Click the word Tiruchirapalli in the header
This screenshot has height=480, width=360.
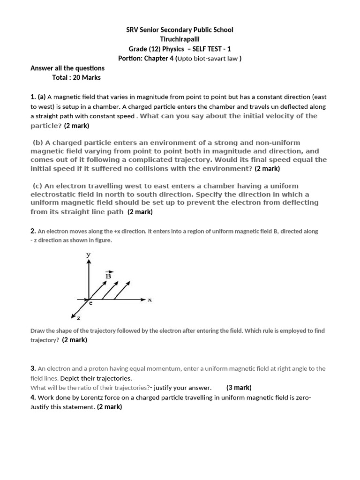180,39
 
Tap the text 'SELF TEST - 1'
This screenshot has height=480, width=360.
212,49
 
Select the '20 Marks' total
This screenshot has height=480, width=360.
87,77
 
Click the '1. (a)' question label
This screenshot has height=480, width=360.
38,97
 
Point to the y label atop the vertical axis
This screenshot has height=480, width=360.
88,254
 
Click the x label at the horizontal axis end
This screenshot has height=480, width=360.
150,300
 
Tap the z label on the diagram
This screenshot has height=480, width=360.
78,318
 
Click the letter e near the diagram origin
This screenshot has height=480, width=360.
90,303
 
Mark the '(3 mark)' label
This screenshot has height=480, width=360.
239,388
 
